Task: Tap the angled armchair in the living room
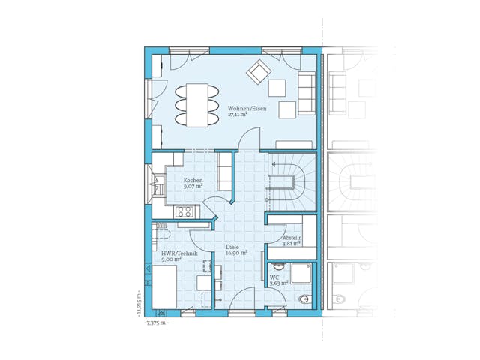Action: [259, 71]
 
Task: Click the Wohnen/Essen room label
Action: [247, 109]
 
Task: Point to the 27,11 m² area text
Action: [238, 115]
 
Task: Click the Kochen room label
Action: [193, 180]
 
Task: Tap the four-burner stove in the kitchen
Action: [184, 212]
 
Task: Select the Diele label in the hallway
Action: [232, 247]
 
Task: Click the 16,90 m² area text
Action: [236, 253]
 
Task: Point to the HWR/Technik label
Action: [179, 253]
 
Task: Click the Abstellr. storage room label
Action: [292, 237]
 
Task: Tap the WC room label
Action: [274, 277]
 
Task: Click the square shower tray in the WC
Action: [301, 273]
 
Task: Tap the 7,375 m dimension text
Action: [157, 323]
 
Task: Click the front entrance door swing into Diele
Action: [244, 298]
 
